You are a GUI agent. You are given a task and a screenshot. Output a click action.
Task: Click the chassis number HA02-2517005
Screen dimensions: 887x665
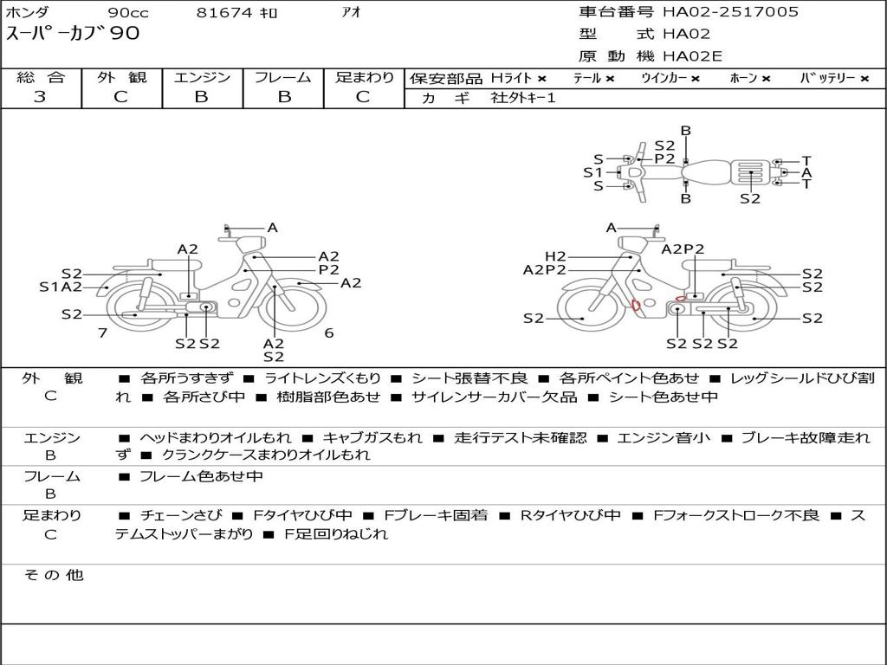click(x=730, y=12)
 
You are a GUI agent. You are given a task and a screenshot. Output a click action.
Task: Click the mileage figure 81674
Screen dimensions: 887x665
click(x=224, y=13)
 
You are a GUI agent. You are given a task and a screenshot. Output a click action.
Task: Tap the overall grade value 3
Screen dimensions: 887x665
click(x=40, y=97)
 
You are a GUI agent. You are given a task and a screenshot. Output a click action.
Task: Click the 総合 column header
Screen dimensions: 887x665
click(x=41, y=77)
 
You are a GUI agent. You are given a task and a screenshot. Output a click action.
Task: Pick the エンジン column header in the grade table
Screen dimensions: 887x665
click(x=202, y=77)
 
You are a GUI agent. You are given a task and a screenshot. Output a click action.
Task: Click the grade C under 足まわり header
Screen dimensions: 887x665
click(x=363, y=97)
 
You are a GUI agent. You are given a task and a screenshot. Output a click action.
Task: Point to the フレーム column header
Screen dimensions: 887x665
click(x=282, y=77)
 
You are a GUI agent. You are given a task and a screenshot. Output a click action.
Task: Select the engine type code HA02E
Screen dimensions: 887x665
click(x=692, y=57)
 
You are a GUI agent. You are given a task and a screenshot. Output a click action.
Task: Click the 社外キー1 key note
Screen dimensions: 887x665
click(x=523, y=98)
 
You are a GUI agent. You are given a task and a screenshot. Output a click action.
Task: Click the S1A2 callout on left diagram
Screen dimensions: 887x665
click(x=61, y=287)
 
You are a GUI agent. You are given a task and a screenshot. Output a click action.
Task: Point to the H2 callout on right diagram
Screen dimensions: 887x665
click(x=555, y=256)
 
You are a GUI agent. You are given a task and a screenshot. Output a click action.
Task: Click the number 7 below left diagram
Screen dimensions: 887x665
click(x=102, y=332)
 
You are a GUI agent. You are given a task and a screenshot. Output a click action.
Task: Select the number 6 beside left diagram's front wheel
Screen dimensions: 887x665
click(x=329, y=332)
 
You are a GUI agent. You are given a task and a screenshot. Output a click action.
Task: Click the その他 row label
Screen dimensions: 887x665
click(x=53, y=575)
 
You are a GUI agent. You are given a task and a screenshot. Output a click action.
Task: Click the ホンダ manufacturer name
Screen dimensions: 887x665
click(x=28, y=13)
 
